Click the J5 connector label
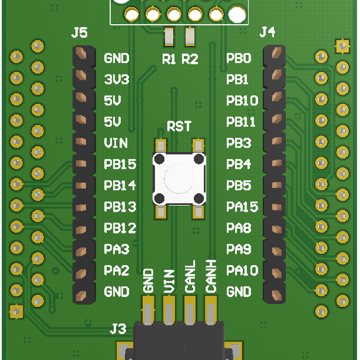pos(79,33)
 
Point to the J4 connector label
pos(268,32)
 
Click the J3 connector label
pos(118,328)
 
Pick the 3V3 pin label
pos(116,79)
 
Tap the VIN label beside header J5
pos(116,143)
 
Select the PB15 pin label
pos(120,164)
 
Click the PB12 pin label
pos(120,228)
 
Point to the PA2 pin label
pos(116,271)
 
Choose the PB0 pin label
pos(239,58)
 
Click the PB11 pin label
pos(241,122)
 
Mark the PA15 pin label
pos(242,207)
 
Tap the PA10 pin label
pos(242,271)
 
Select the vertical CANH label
pos(211,277)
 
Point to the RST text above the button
pos(179,127)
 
